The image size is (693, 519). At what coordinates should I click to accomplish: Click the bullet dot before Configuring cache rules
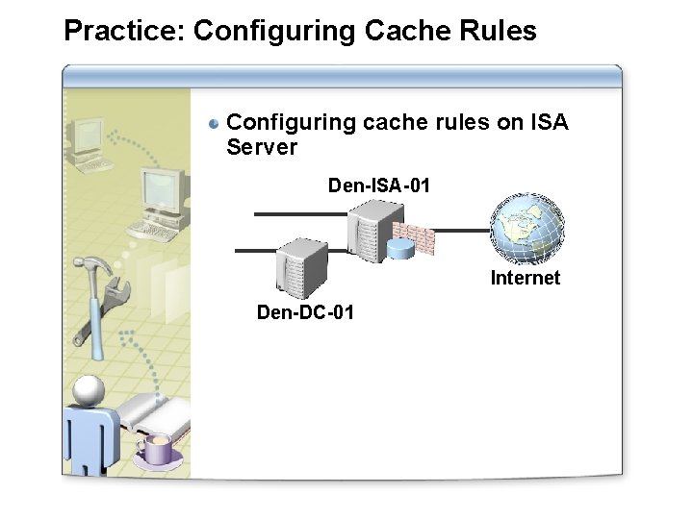(216, 123)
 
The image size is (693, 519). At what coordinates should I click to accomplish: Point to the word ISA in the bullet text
(549, 123)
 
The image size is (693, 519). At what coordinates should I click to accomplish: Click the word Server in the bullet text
(262, 147)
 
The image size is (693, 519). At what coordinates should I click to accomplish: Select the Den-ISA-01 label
(378, 185)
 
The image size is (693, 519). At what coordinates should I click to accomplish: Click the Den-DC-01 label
(305, 312)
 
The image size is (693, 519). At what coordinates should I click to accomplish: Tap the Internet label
(525, 279)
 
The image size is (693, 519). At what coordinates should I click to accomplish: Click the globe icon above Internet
(526, 229)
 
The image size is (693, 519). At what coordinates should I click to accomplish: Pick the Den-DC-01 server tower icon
(301, 266)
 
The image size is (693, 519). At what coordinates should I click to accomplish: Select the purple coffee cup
(157, 449)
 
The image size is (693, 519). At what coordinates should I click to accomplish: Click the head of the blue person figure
(89, 389)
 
